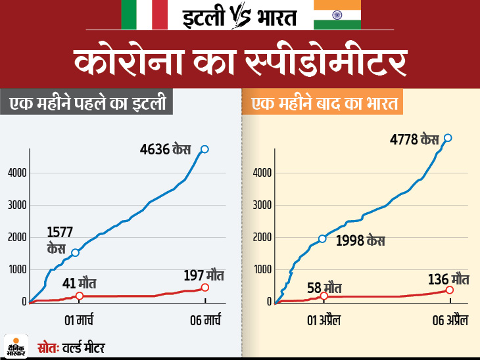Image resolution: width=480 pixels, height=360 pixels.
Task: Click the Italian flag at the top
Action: tap(144, 15)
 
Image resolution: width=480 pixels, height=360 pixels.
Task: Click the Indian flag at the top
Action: tap(337, 15)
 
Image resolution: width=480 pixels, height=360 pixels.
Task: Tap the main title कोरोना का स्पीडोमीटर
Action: tap(239, 63)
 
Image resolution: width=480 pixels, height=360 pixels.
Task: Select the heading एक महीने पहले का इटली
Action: tap(86, 104)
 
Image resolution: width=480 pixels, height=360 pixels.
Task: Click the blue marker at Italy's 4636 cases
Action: tap(204, 149)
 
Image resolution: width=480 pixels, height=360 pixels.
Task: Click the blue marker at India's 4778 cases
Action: tap(448, 137)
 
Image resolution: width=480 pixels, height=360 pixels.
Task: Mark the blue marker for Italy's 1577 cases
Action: tap(76, 253)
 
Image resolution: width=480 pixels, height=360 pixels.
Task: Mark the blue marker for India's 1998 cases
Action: tap(322, 238)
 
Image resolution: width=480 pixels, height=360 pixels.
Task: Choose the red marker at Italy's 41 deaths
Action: tap(79, 296)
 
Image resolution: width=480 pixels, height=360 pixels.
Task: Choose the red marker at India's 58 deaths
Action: tap(324, 296)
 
